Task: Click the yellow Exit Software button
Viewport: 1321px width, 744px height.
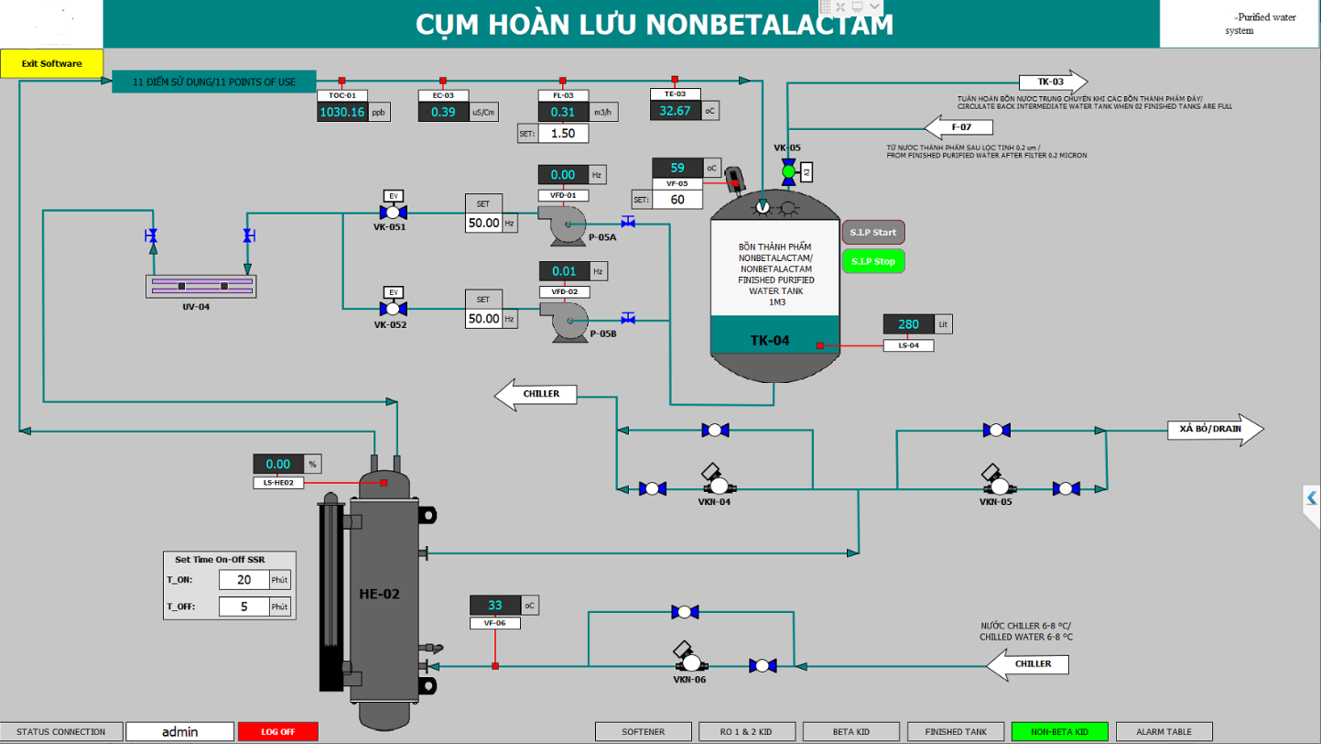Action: (x=52, y=63)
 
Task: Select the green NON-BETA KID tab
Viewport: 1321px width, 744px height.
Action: (x=1059, y=732)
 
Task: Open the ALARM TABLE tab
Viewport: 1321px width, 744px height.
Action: (x=1164, y=732)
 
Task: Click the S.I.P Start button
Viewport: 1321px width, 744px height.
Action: (x=872, y=233)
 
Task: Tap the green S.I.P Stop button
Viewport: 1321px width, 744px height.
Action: (x=872, y=261)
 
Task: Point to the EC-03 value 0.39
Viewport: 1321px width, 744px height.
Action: (x=443, y=112)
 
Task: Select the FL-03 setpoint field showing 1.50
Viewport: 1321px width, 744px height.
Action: (x=563, y=133)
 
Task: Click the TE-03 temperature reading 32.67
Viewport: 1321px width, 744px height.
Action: (x=675, y=111)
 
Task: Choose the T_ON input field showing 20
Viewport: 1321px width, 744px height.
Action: (x=244, y=580)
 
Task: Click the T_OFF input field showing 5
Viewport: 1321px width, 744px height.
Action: (x=244, y=607)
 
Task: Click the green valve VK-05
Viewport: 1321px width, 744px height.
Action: (x=788, y=171)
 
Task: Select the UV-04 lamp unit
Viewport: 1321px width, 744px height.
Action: (x=201, y=286)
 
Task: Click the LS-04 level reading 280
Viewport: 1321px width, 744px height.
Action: (x=908, y=324)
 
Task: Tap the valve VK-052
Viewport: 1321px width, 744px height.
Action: (x=395, y=309)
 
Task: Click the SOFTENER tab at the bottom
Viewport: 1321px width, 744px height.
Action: (x=643, y=732)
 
